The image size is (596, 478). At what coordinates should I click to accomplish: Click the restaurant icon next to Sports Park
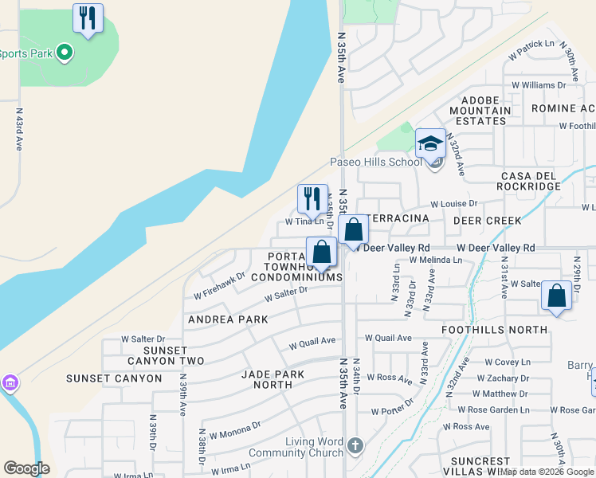point(88,18)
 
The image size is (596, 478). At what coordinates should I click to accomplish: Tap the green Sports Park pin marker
point(65,53)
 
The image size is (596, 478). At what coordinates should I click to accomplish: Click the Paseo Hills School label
point(376,162)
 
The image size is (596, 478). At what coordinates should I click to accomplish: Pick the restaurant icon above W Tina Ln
point(312,198)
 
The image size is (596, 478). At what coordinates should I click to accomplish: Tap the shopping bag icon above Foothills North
point(556,296)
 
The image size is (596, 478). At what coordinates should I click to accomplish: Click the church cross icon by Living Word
point(355,445)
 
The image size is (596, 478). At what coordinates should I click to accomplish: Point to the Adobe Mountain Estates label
point(480,111)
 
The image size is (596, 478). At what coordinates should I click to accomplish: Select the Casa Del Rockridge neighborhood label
point(531,180)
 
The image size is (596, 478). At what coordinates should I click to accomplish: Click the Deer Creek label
point(488,220)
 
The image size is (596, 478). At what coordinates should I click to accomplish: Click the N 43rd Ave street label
point(19,130)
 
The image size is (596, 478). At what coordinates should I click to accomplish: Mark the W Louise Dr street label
point(454,204)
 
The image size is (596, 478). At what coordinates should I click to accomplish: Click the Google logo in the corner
point(26,468)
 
